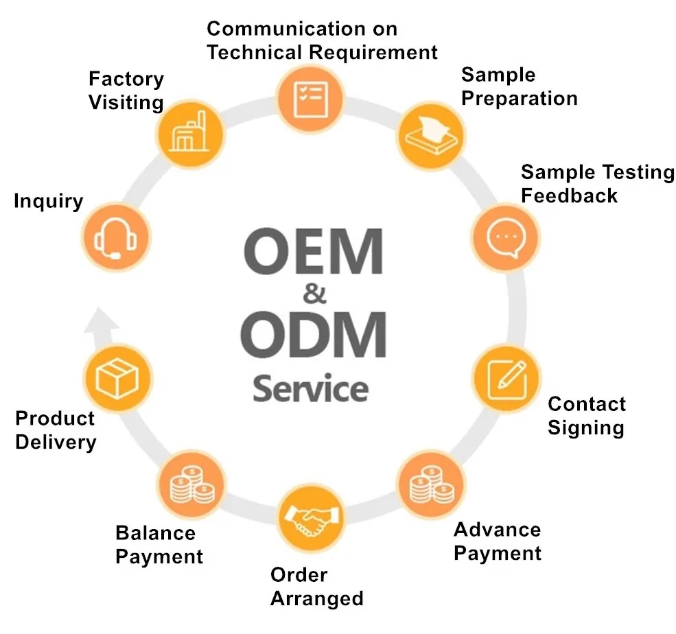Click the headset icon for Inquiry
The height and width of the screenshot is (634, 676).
tap(115, 237)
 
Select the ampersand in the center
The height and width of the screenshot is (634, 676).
tap(314, 296)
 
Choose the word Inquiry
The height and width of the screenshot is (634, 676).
tap(48, 202)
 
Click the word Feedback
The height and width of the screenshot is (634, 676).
tap(569, 195)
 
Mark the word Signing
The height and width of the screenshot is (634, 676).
tap(585, 427)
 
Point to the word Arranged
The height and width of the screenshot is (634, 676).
tap(316, 598)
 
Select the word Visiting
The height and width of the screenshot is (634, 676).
tap(126, 103)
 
